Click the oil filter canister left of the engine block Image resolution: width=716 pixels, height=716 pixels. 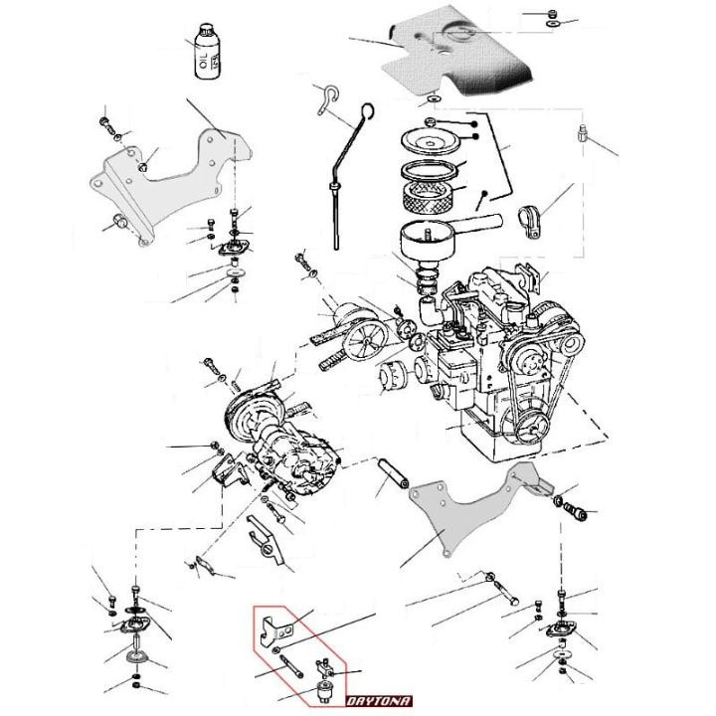tap(397, 379)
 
